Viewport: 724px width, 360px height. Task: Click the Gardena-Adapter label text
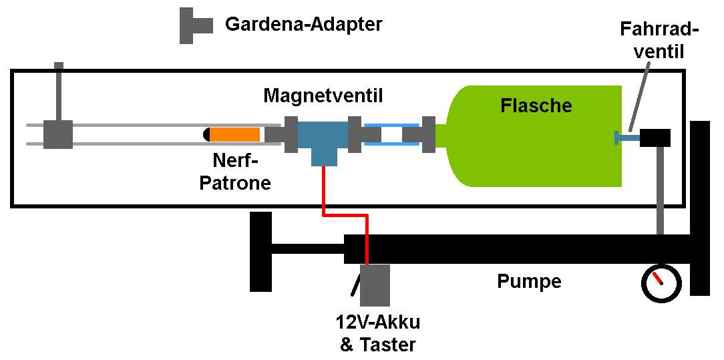[x=304, y=25]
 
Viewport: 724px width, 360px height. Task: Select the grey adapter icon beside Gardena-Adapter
[x=193, y=25]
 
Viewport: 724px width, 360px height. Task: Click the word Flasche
[x=536, y=106]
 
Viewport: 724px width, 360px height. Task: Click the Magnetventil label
[x=323, y=96]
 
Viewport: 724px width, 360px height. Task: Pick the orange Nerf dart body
[x=236, y=134]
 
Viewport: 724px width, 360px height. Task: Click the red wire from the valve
[x=345, y=214]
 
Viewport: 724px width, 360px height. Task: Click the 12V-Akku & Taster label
[x=377, y=334]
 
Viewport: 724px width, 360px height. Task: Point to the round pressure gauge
[x=661, y=283]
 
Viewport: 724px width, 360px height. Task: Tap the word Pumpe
[x=529, y=281]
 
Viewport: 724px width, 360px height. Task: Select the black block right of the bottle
[x=655, y=138]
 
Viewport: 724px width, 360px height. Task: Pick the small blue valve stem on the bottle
[x=626, y=138]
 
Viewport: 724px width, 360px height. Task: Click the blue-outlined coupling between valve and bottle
[x=391, y=134]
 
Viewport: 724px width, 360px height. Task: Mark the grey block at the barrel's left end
[x=58, y=134]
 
